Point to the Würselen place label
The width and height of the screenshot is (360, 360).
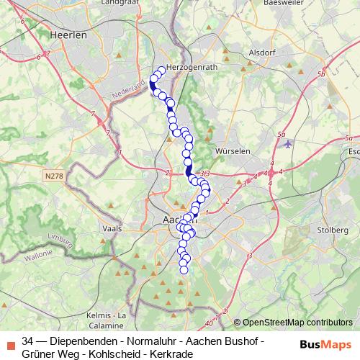(232, 152)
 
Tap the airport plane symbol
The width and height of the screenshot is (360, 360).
(289, 143)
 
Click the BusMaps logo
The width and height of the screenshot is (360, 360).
(325, 344)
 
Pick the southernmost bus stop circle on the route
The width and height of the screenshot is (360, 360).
(184, 270)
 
